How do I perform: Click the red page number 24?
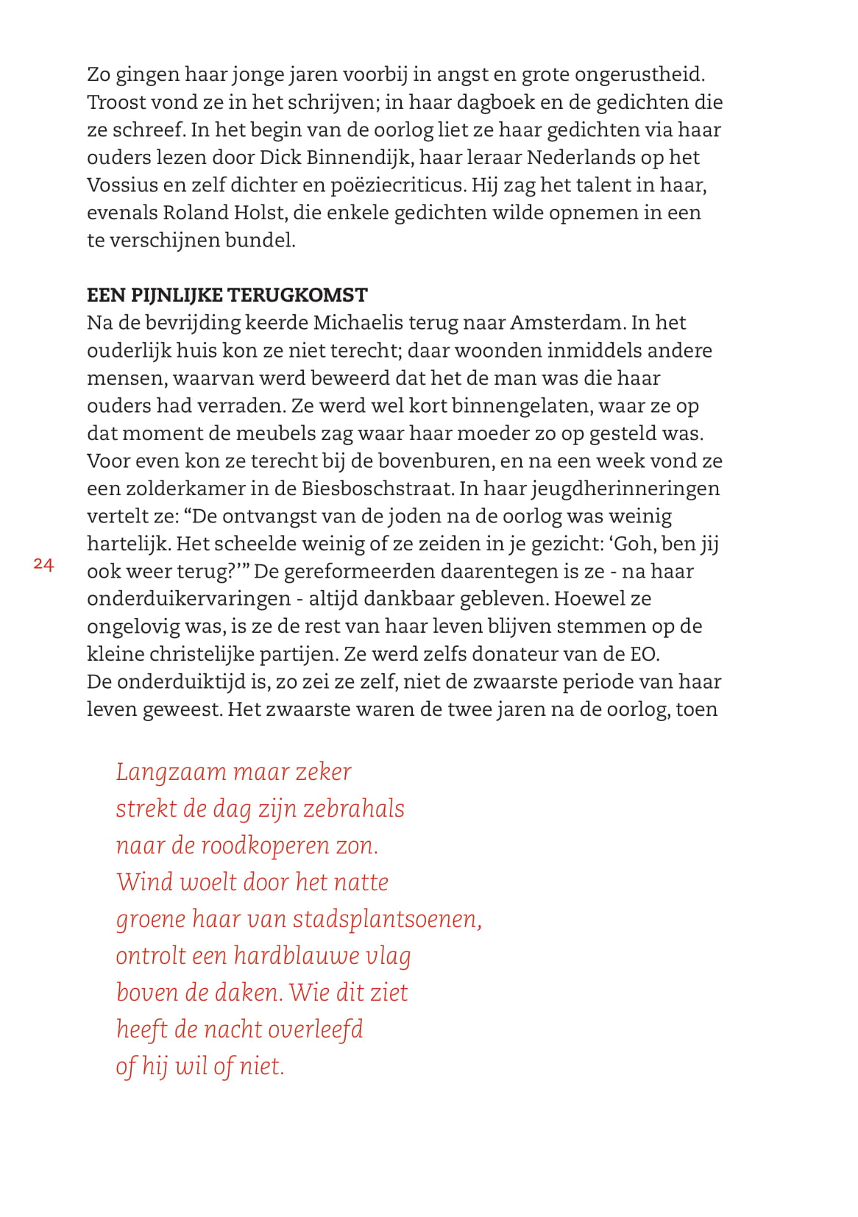(43, 564)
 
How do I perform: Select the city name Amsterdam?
(567, 323)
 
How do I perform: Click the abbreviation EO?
(643, 654)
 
